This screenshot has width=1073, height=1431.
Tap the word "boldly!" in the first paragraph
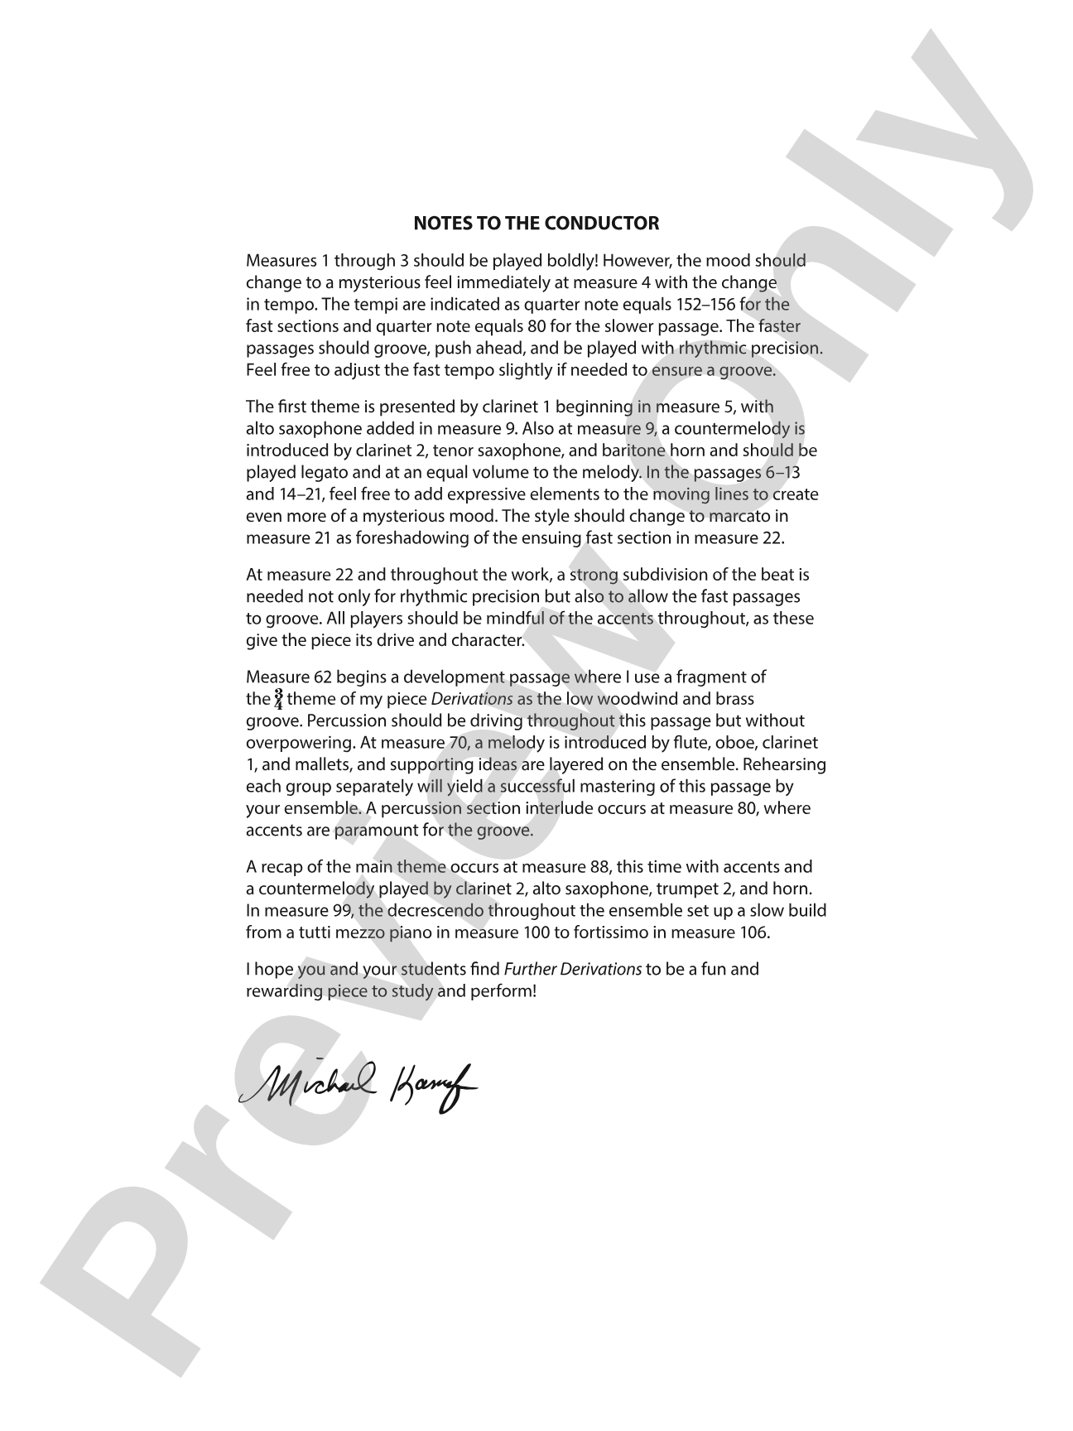click(x=570, y=261)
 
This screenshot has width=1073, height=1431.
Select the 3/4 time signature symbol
click(x=279, y=699)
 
